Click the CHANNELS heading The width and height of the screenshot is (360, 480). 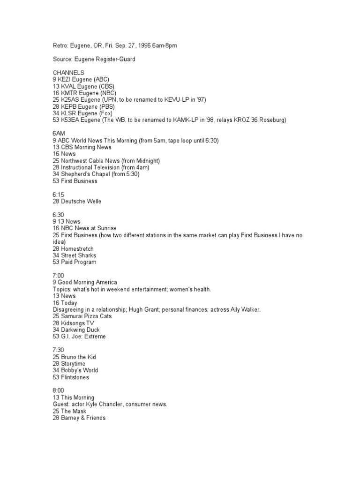(x=68, y=73)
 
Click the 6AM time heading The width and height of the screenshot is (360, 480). (x=59, y=134)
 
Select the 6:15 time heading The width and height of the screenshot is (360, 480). (x=59, y=195)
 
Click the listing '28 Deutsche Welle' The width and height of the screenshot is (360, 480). (x=77, y=202)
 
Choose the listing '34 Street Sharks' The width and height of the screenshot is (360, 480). (x=75, y=255)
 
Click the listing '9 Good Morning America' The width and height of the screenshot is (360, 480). (x=85, y=282)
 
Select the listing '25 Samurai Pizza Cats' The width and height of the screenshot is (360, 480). (x=82, y=316)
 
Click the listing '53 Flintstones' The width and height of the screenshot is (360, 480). (x=71, y=377)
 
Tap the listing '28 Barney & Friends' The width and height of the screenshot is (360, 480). (x=79, y=418)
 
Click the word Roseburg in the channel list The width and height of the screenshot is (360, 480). (x=274, y=120)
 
